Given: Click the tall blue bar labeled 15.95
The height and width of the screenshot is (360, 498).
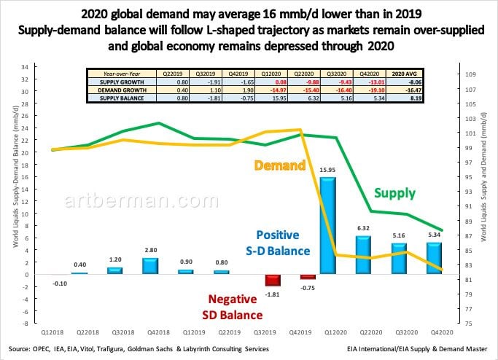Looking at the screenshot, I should tap(329, 225).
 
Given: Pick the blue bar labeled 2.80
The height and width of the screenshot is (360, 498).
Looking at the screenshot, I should tap(149, 265).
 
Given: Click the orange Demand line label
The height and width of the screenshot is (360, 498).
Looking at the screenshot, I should tap(279, 165).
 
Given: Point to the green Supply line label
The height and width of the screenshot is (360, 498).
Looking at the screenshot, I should tap(394, 193).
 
